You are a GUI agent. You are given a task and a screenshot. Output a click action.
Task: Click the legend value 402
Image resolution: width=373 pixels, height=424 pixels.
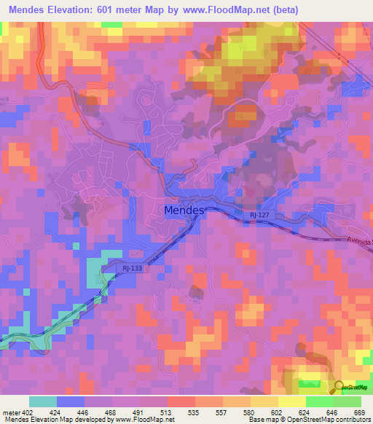click(x=30, y=412)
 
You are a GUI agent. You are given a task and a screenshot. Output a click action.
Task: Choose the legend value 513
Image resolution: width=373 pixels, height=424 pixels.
click(x=168, y=412)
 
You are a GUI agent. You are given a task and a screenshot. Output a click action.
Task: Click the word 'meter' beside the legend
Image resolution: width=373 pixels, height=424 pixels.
click(x=11, y=412)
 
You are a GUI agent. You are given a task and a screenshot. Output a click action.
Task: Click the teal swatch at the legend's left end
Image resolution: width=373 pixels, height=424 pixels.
click(x=42, y=401)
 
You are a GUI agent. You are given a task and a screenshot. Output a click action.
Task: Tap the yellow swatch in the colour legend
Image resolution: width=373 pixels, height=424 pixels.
click(x=291, y=401)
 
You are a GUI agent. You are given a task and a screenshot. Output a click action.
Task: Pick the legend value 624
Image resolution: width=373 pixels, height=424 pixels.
click(x=306, y=412)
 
